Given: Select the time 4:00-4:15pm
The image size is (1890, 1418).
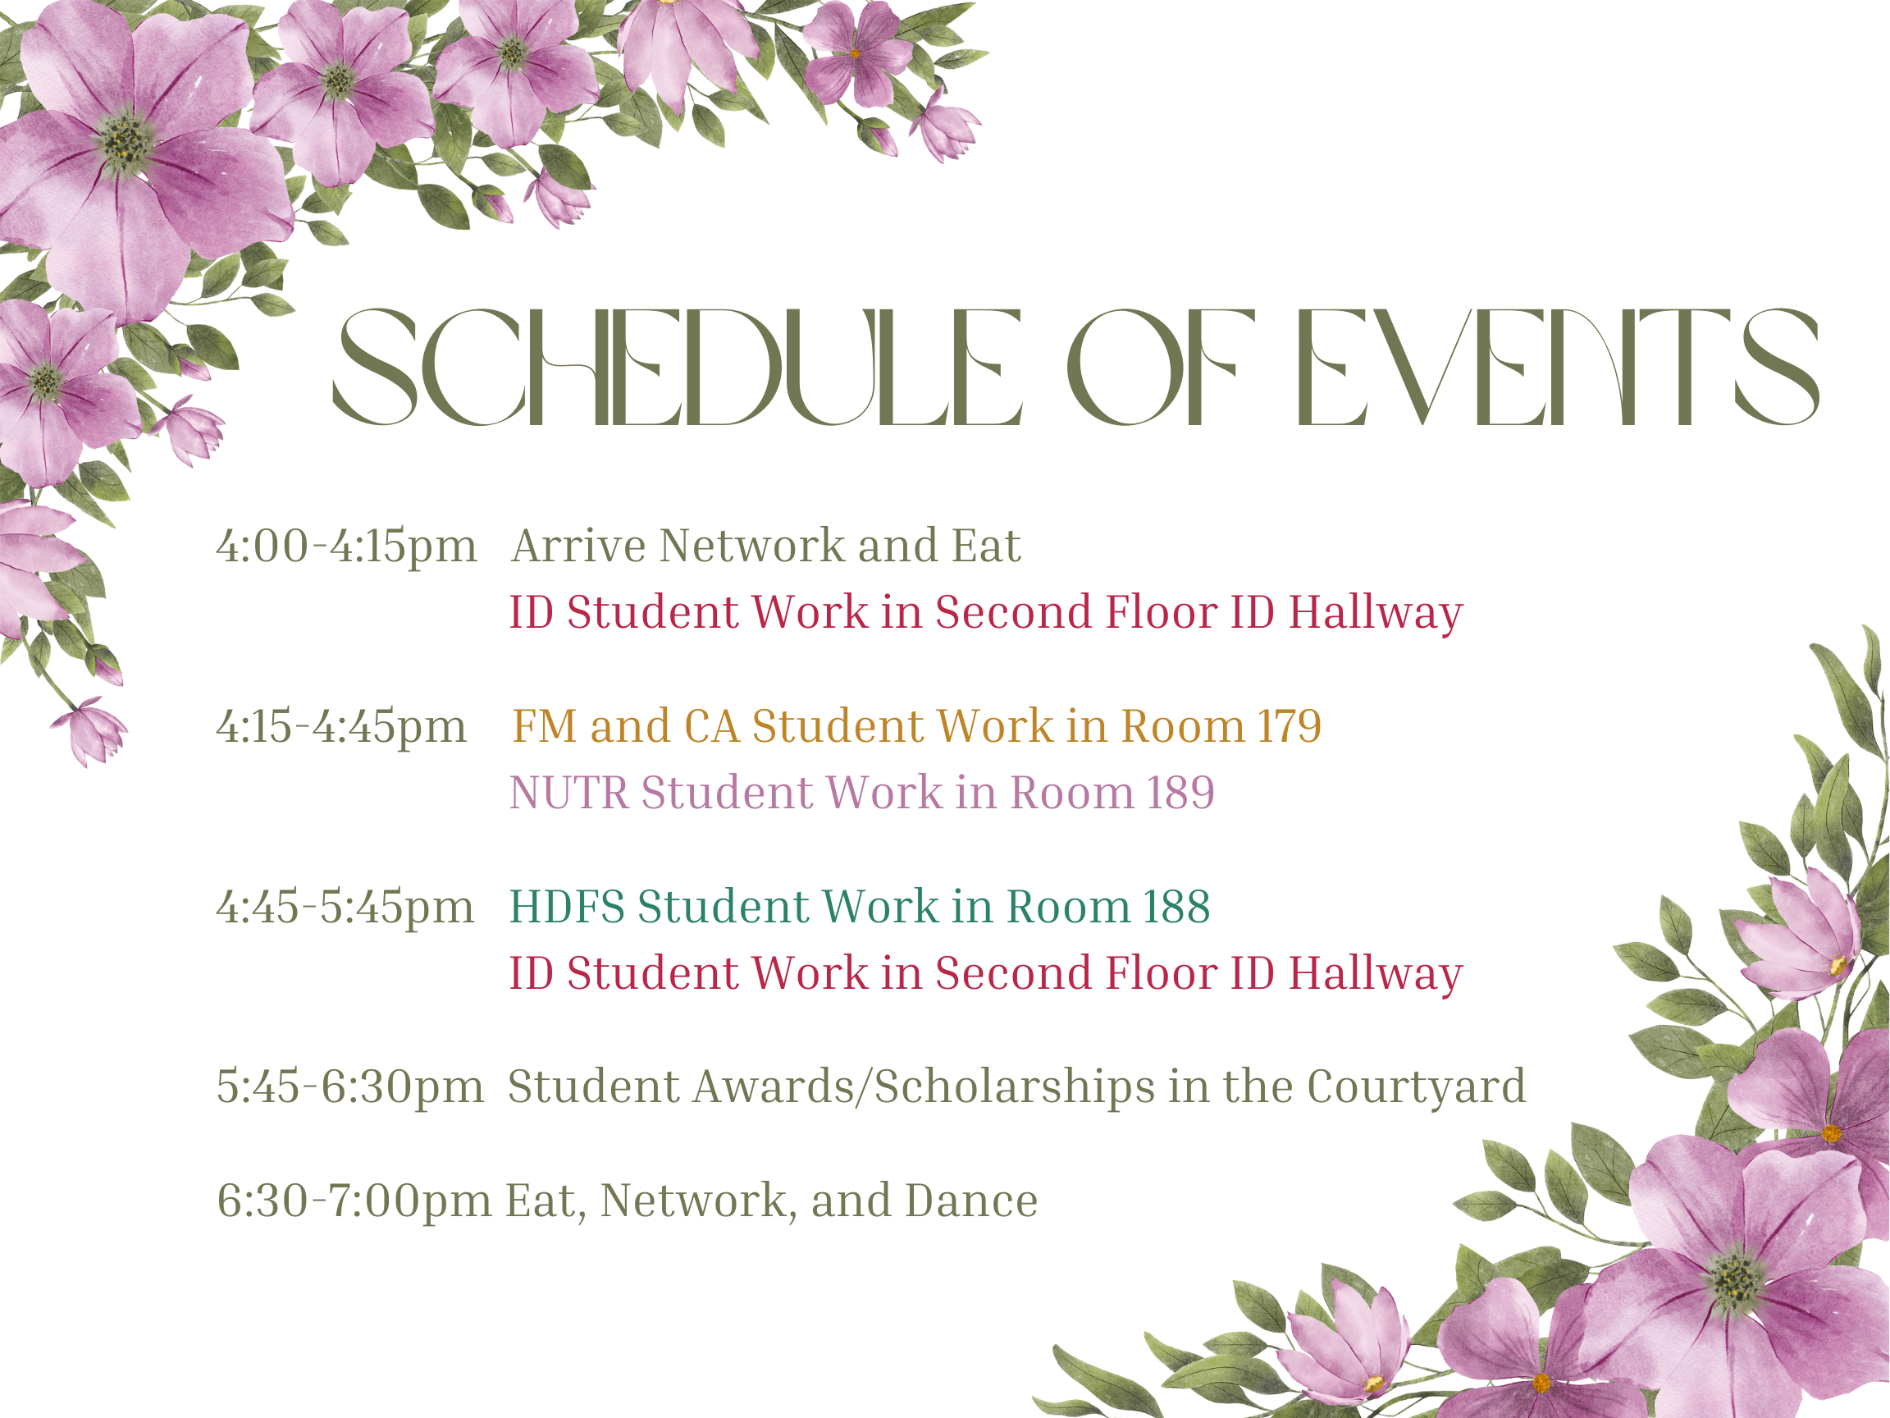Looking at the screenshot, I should [346, 547].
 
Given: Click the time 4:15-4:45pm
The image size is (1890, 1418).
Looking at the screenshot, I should [342, 727].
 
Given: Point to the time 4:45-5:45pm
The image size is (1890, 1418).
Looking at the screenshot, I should [345, 908].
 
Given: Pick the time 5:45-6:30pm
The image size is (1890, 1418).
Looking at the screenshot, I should [350, 1088].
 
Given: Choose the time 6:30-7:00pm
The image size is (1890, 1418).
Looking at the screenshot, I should [354, 1201].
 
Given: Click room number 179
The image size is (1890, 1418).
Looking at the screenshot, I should [1290, 726].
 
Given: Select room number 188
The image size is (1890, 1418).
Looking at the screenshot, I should [1176, 907].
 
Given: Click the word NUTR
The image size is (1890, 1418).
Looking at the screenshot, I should [569, 794].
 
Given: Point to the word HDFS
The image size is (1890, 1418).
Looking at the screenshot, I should [568, 907].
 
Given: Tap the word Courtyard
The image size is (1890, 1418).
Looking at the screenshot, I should [1416, 1088].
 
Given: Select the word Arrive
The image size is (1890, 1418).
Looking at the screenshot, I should [578, 547].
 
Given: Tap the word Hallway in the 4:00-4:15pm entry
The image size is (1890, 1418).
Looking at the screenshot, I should [1376, 615].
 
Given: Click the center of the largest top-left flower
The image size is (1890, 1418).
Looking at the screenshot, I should [126, 140].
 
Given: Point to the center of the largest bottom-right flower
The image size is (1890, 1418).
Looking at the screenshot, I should [1735, 1279].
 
